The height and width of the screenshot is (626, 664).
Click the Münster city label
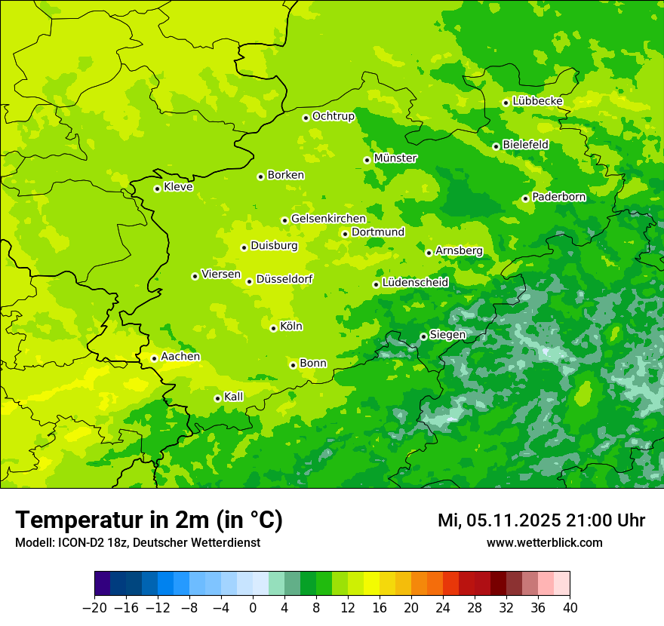tap(395, 158)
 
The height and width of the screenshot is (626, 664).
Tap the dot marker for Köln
tap(273, 328)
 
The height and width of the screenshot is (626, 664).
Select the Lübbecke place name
tap(537, 101)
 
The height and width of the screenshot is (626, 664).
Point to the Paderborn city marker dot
tap(525, 198)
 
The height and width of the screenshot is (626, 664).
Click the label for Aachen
tap(180, 357)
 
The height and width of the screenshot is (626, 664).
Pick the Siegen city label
tap(447, 335)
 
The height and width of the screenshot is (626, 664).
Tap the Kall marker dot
tap(217, 398)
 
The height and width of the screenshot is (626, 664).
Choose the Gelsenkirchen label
tap(328, 219)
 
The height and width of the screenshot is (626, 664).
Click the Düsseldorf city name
tap(284, 279)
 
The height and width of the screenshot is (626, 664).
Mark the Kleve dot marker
tap(157, 189)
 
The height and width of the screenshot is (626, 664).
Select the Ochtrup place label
tap(333, 116)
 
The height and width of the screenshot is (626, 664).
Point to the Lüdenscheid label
tap(415, 283)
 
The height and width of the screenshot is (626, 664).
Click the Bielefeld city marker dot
tap(496, 146)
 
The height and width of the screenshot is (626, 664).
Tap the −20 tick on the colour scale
tap(94, 608)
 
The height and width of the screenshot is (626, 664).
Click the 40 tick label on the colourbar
tap(570, 608)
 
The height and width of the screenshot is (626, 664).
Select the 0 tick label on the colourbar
tap(253, 608)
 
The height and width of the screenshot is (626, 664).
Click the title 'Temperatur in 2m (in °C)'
tap(149, 520)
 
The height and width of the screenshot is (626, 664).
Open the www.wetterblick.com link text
tap(544, 543)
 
